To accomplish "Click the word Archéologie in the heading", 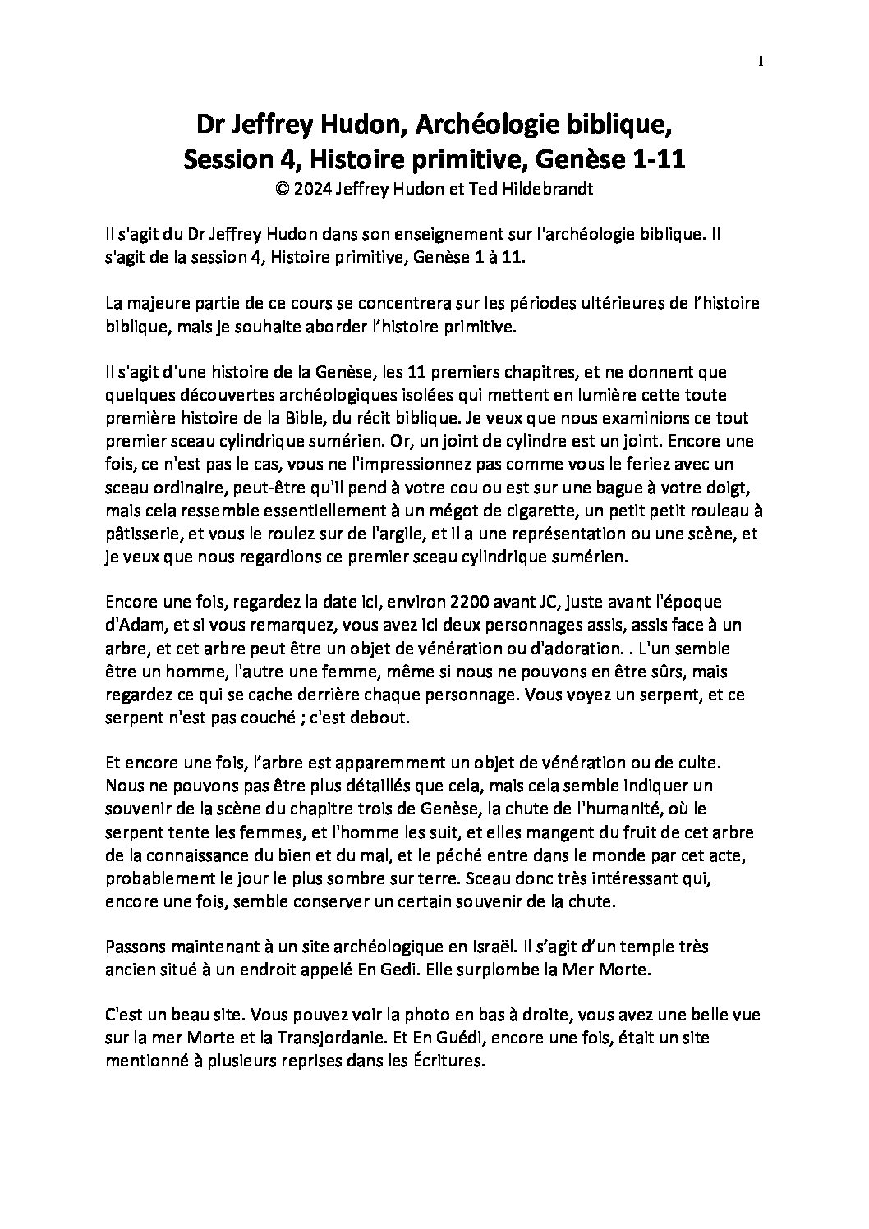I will click(x=478, y=126).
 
